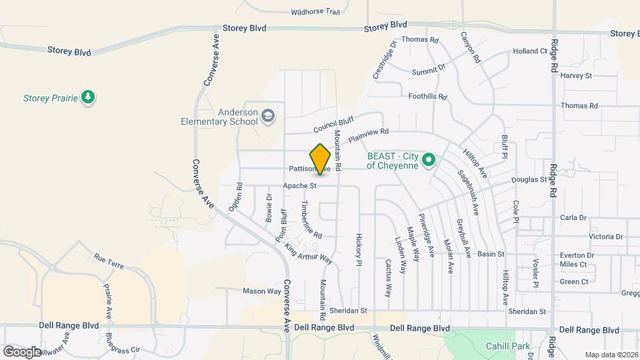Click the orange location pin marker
click(321, 159)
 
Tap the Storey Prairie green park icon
click(88, 97)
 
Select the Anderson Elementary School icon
click(267, 117)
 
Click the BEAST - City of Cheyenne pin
click(430, 161)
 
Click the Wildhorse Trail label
click(315, 12)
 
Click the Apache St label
click(299, 185)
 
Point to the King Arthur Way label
click(308, 252)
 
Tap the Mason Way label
click(261, 291)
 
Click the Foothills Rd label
click(427, 97)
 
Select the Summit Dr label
click(428, 70)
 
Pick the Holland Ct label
click(529, 51)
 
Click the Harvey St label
click(576, 76)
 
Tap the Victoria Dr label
click(605, 237)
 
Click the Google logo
click(21, 351)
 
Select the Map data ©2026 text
click(611, 355)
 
